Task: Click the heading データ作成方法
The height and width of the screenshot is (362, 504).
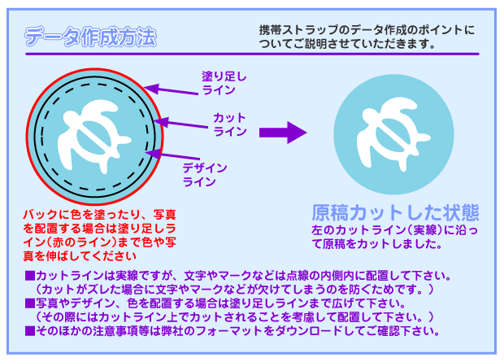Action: tap(91, 37)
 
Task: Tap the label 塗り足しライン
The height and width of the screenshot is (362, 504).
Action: tap(224, 83)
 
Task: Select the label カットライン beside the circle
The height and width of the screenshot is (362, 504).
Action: tap(230, 124)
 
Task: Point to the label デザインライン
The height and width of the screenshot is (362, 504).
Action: tap(205, 175)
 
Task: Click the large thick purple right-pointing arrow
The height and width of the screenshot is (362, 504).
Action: tap(283, 133)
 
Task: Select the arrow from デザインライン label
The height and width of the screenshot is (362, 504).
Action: tap(173, 155)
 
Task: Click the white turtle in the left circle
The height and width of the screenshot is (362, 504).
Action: tap(94, 136)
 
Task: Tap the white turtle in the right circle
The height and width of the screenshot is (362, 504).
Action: tap(393, 133)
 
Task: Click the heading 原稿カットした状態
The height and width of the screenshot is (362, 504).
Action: tap(396, 212)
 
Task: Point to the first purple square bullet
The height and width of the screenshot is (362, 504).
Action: tap(30, 276)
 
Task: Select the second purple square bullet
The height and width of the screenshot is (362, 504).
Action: tap(30, 303)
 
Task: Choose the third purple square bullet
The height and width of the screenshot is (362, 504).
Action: tap(30, 331)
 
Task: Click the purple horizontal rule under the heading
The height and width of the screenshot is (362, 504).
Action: tap(252, 54)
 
